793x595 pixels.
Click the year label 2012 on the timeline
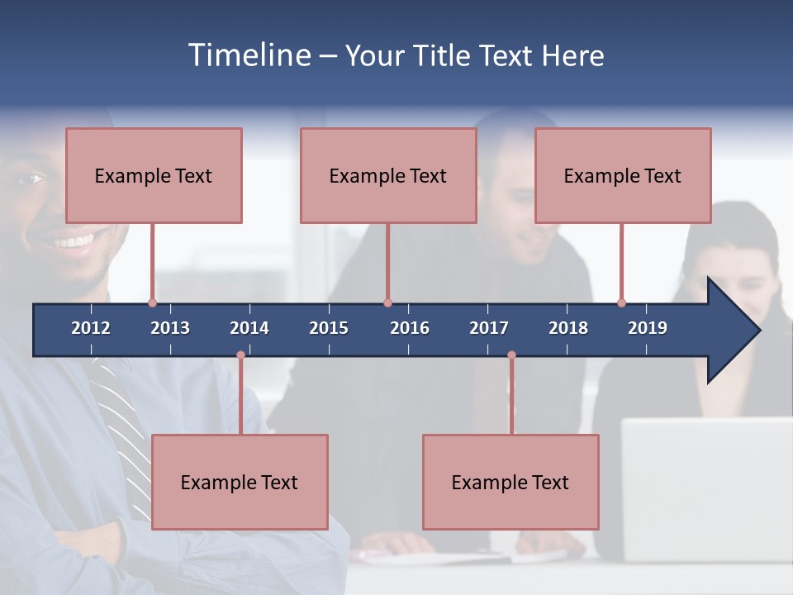[91, 328]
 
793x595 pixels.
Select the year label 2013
[170, 328]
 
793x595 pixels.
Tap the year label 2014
[249, 328]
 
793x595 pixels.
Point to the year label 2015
[329, 328]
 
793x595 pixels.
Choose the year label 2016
[410, 328]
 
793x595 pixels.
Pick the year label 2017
[489, 328]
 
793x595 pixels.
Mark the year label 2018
[568, 328]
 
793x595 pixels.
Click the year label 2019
[648, 328]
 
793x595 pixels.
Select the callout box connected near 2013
[154, 175]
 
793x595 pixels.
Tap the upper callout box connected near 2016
[388, 175]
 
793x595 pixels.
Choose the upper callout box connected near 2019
[623, 175]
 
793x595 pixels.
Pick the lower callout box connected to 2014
[240, 482]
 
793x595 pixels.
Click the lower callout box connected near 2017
[510, 482]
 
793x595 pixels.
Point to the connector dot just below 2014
[240, 355]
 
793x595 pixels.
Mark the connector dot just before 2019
[621, 302]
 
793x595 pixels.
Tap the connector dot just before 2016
[387, 302]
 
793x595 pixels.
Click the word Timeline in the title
[248, 55]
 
